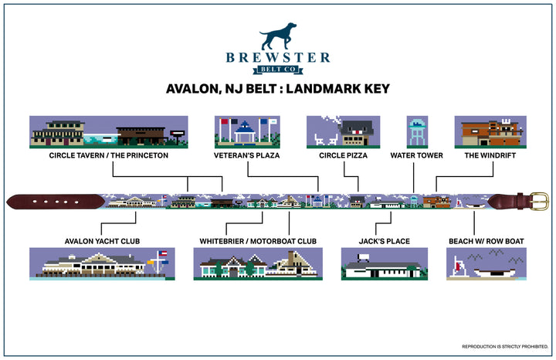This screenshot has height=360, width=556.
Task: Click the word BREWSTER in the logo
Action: point(278,57)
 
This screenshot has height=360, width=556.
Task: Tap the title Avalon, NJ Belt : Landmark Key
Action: point(278,89)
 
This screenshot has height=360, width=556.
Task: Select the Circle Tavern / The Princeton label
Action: point(108,155)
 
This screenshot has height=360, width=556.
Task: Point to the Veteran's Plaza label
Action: point(247,155)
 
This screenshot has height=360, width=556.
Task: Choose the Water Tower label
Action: point(417,155)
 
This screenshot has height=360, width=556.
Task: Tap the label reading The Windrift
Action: point(490,155)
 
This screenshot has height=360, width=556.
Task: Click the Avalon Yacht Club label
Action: point(103,241)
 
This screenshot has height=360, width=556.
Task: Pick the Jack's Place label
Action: point(384,241)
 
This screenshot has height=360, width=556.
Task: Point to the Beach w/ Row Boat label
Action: point(486,241)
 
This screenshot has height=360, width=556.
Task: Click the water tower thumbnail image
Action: point(417,131)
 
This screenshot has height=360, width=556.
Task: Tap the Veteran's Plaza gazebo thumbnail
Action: point(247,131)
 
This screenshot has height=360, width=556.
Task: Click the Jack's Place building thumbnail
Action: point(384,264)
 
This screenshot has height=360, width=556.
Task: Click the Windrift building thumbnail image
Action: point(490,131)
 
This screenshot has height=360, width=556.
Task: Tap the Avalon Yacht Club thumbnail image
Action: point(102,264)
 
